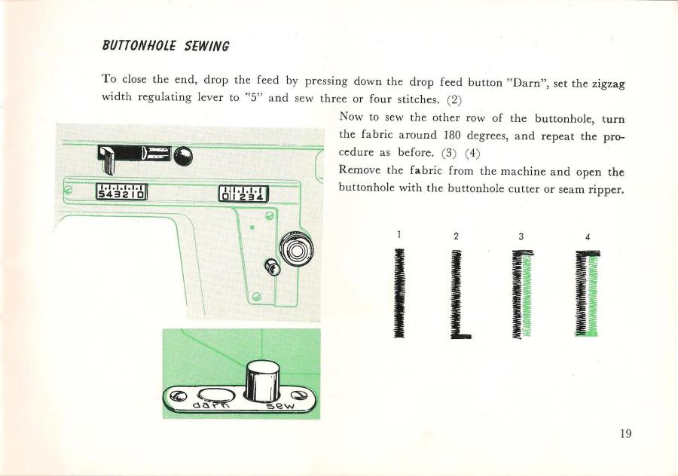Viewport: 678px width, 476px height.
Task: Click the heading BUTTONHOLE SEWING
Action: [x=166, y=45]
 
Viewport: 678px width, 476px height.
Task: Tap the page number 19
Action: [x=625, y=433]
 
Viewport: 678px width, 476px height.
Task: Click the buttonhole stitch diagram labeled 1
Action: [x=399, y=293]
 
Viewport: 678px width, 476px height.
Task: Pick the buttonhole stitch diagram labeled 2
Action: [x=460, y=294]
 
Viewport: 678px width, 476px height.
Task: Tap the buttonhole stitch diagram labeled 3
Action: [x=522, y=294]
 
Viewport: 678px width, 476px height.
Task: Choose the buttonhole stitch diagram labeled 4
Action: [x=588, y=293]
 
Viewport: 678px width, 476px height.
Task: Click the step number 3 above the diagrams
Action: [x=521, y=236]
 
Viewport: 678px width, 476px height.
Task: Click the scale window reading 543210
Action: [x=121, y=192]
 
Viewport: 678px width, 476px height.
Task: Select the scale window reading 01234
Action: [x=243, y=194]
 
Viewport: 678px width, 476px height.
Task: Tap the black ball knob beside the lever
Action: [x=183, y=156]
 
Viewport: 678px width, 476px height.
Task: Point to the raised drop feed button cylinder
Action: [x=262, y=380]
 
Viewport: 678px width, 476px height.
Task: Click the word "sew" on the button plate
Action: [x=280, y=404]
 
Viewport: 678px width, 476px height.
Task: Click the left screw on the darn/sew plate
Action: [x=177, y=395]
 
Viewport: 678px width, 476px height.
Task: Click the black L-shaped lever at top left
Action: [x=107, y=159]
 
